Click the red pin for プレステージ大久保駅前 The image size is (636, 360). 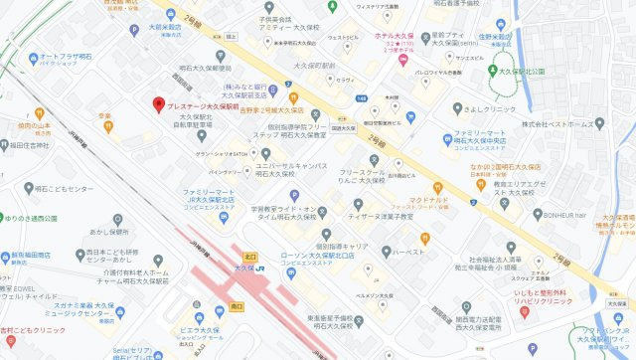pyautogui.click(x=157, y=103)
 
